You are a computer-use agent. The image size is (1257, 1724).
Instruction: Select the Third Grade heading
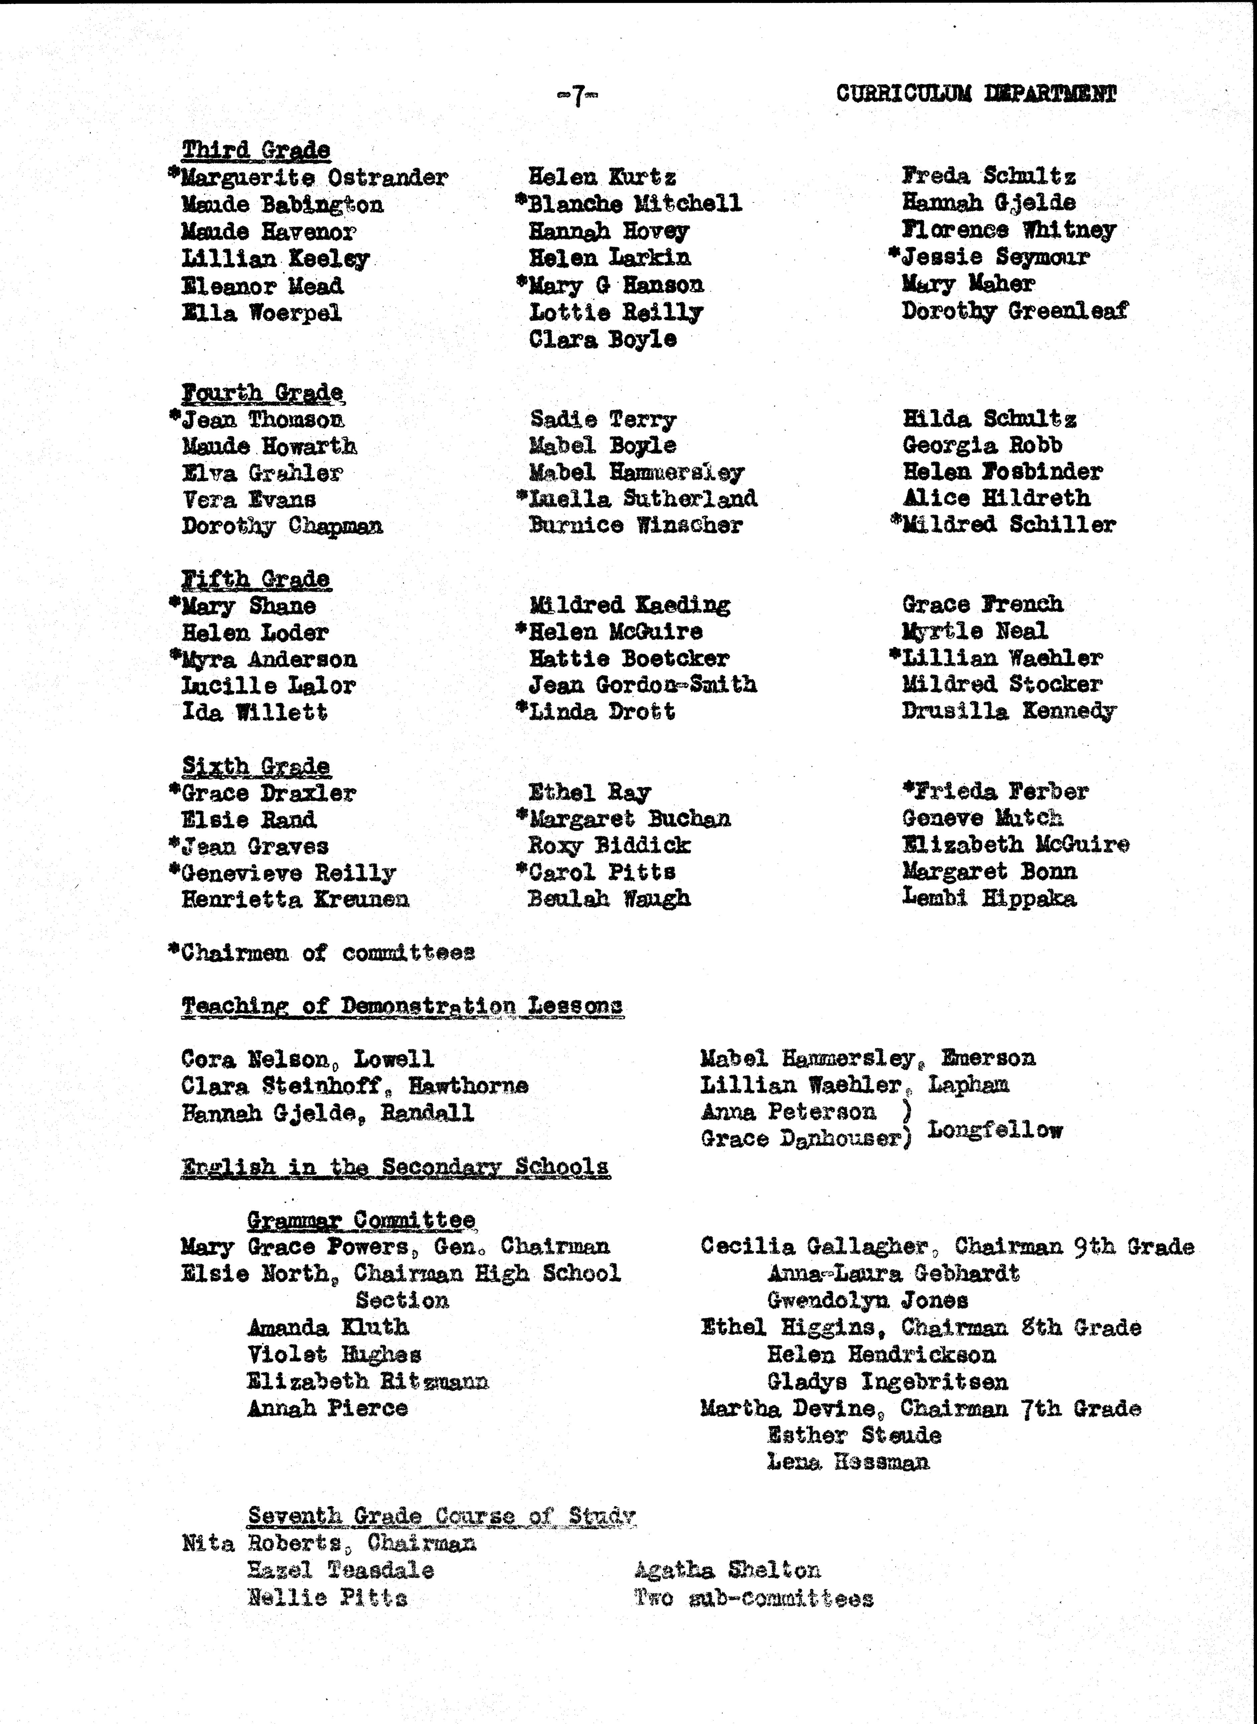pos(256,150)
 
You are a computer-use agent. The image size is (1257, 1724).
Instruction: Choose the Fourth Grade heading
pos(263,393)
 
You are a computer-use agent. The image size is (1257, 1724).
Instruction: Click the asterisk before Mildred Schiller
pos(896,522)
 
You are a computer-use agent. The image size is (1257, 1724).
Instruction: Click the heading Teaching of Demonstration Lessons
pos(402,1006)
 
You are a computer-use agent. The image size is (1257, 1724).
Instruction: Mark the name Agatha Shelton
pos(727,1570)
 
